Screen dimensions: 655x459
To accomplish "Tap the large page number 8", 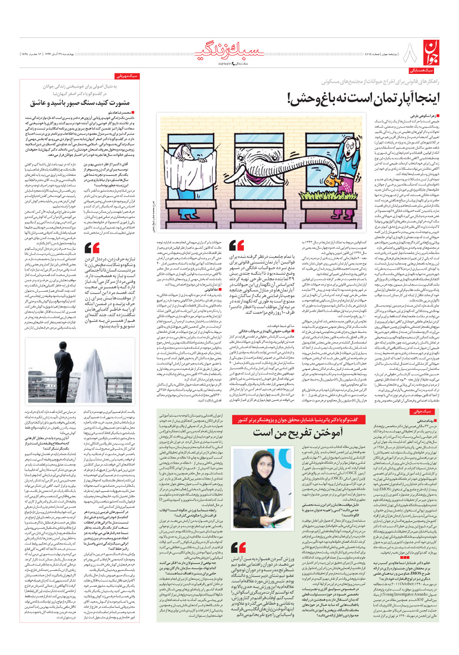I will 409,54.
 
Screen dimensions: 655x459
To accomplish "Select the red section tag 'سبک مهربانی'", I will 127,76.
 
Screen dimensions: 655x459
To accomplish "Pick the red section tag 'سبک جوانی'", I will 422,411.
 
